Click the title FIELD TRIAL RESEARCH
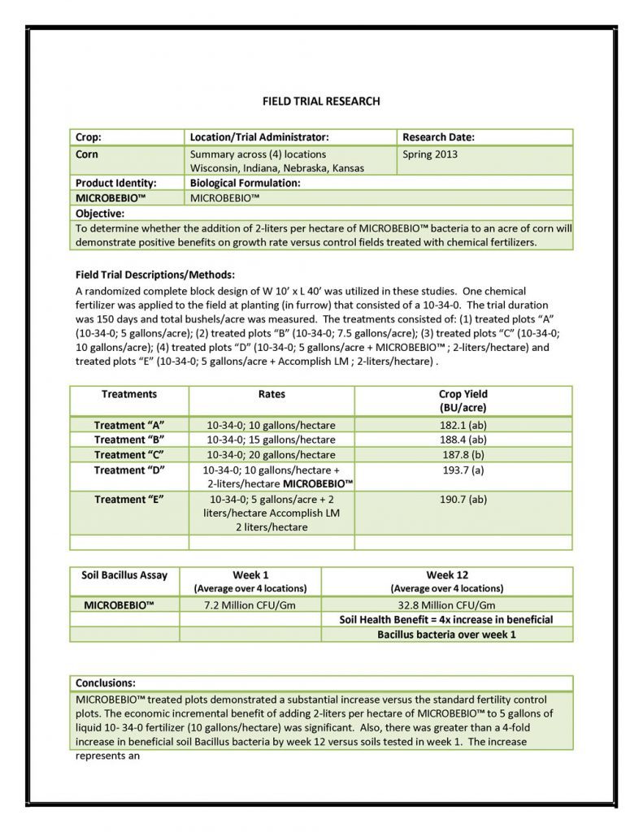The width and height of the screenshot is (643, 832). tap(321, 102)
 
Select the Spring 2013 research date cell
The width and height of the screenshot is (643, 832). tap(430, 154)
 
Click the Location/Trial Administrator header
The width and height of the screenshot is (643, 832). tap(259, 137)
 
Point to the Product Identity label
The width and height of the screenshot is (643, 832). tap(115, 183)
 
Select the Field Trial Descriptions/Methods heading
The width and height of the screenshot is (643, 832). tap(154, 275)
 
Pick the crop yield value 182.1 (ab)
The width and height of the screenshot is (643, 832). tap(463, 425)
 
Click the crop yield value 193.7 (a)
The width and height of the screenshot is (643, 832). tap(463, 470)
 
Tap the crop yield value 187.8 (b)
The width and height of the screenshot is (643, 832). tap(463, 454)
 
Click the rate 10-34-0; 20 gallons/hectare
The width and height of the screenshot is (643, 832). tap(271, 454)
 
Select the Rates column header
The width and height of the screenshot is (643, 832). tap(272, 394)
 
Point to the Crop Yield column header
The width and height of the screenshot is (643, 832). tap(463, 401)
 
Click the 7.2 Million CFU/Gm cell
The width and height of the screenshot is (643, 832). tap(250, 604)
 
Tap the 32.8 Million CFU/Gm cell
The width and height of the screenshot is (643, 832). tap(446, 604)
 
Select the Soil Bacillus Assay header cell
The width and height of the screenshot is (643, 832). tap(124, 575)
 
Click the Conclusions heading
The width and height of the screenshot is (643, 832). tap(106, 682)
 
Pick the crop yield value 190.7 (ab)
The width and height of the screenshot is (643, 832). tap(463, 499)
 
